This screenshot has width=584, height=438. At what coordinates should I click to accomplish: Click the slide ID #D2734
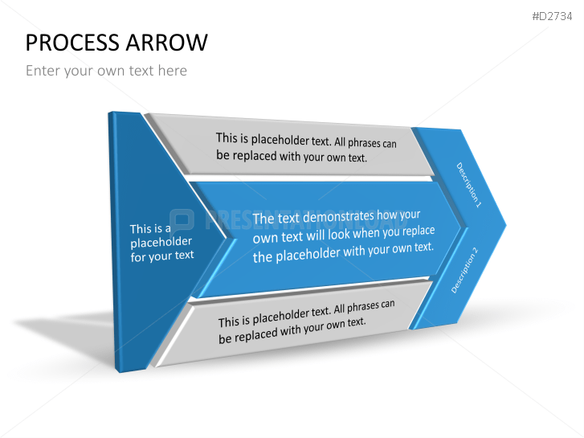[x=552, y=16]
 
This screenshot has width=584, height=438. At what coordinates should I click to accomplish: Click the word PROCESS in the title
[x=73, y=43]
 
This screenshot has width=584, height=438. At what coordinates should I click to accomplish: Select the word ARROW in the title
[x=166, y=43]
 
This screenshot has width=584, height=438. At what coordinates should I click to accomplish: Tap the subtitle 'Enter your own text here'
[x=106, y=71]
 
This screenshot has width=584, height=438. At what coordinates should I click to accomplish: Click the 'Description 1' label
[x=469, y=185]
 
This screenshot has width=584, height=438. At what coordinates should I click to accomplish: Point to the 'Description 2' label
[x=464, y=270]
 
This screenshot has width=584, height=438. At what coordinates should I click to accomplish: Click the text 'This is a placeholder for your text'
[x=162, y=243]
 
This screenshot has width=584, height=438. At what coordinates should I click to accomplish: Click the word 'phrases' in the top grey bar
[x=365, y=143]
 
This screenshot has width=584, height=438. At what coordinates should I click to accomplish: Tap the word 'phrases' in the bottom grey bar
[x=363, y=308]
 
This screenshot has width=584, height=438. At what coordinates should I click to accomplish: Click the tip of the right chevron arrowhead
[x=506, y=225]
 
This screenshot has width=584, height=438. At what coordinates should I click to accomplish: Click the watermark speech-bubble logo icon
[x=182, y=220]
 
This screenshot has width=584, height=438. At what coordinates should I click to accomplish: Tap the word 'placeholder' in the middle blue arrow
[x=308, y=255]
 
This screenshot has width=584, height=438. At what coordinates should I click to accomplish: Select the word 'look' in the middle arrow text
[x=339, y=234]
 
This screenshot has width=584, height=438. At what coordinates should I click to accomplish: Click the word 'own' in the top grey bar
[x=336, y=158]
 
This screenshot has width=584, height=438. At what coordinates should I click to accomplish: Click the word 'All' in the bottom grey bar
[x=339, y=309]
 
